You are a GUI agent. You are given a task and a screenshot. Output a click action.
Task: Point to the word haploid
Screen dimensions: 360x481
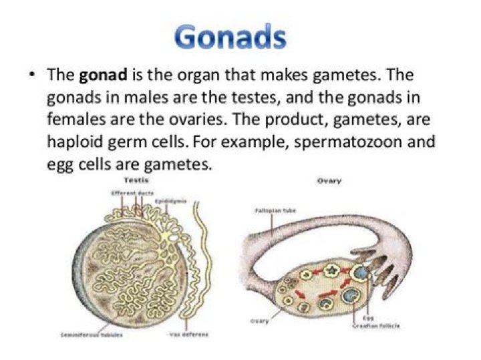click(77, 142)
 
